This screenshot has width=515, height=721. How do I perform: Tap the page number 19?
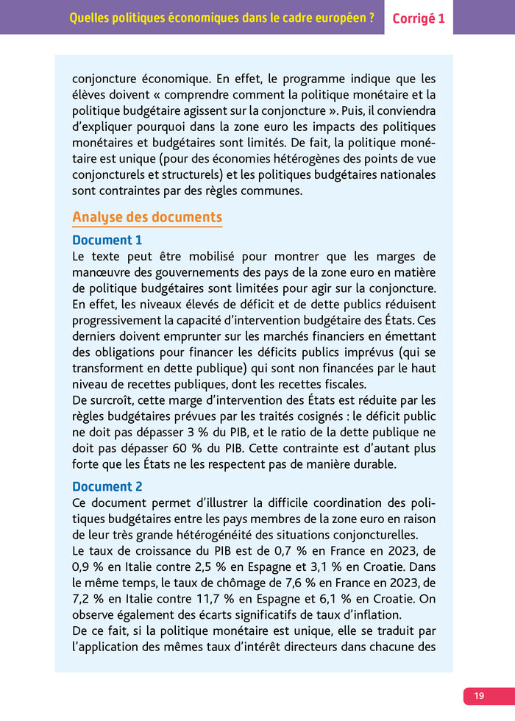click(x=479, y=695)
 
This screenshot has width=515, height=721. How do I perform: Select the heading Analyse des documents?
click(x=147, y=217)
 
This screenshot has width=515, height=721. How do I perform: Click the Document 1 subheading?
click(x=107, y=240)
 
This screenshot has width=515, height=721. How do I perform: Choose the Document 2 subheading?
click(x=107, y=486)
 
